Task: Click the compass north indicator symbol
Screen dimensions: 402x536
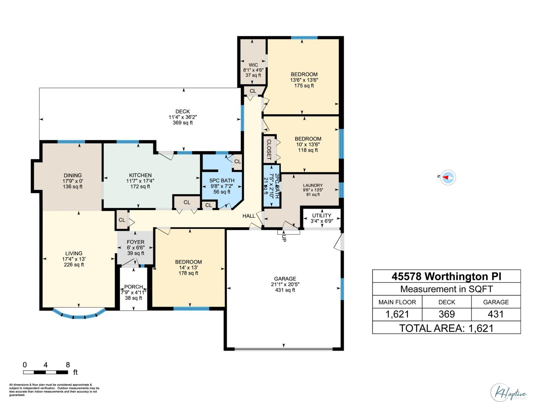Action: pos(448,177)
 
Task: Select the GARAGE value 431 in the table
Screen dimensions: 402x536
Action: pos(495,314)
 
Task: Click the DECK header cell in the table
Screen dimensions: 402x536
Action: pos(447,302)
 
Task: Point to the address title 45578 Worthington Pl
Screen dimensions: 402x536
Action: pos(446,276)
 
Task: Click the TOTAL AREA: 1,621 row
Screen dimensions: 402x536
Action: pos(446,328)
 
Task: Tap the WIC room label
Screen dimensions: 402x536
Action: pos(253,65)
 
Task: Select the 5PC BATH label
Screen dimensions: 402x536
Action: pos(222,181)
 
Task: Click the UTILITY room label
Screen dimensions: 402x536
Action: pos(322,215)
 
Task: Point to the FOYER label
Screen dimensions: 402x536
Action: pos(135,242)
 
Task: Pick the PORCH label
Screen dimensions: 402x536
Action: pos(133,287)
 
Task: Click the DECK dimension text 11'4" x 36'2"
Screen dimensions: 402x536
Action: pos(183,117)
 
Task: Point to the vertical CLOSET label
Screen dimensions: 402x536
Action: pos(269,149)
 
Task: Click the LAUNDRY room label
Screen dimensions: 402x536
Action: pos(313,185)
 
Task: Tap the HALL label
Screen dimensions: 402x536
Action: pos(249,216)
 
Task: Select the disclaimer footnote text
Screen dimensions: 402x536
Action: pos(54,390)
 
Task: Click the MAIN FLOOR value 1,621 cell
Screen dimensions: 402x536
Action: pos(397,314)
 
